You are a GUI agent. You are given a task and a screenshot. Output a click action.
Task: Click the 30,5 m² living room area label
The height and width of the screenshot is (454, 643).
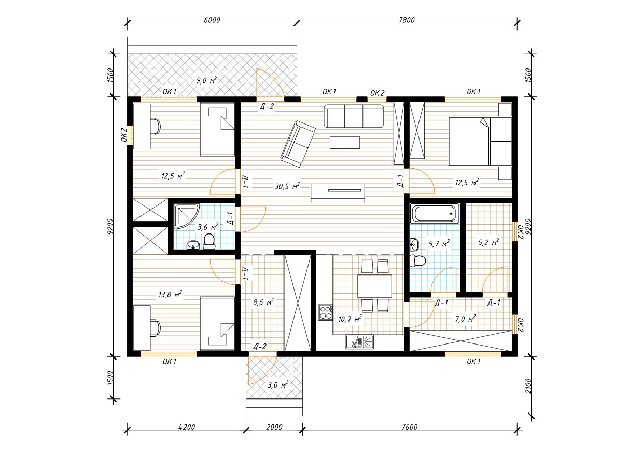[287, 186]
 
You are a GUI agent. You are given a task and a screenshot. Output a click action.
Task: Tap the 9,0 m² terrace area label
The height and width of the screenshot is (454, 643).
[207, 80]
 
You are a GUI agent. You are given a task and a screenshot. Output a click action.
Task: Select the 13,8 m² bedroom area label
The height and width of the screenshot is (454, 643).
[170, 294]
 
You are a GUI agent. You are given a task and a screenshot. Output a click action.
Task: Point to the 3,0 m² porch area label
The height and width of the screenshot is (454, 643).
[278, 384]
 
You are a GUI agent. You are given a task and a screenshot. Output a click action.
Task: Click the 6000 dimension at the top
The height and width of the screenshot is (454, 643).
[212, 20]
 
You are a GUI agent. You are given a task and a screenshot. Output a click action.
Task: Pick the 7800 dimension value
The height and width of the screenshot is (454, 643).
[407, 20]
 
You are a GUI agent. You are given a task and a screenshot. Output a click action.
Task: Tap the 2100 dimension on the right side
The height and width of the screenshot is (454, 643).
[528, 386]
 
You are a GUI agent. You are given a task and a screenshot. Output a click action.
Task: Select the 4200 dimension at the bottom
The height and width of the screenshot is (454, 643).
[187, 427]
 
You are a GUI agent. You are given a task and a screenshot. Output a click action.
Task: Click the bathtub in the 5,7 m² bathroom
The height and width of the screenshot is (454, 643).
[434, 214]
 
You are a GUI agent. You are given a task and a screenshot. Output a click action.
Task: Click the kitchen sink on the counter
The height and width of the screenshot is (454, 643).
[359, 342]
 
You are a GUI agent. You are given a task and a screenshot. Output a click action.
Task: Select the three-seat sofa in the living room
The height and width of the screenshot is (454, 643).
[354, 116]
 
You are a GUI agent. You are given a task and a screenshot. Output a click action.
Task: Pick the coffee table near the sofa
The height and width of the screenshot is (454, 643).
[345, 143]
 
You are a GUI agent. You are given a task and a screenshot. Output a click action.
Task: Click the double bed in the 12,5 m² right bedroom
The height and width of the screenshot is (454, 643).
[480, 141]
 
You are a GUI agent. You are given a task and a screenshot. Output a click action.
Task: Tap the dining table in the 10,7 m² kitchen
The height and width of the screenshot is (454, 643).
[374, 286]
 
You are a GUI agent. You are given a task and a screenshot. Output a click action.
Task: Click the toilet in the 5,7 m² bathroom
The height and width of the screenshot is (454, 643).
[417, 261]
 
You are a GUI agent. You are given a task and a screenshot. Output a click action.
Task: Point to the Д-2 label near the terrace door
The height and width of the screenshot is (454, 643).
[267, 106]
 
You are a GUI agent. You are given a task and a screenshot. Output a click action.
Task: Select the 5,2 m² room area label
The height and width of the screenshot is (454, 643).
[488, 242]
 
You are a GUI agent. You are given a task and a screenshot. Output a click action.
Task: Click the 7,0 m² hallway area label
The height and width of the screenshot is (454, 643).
[465, 319]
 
